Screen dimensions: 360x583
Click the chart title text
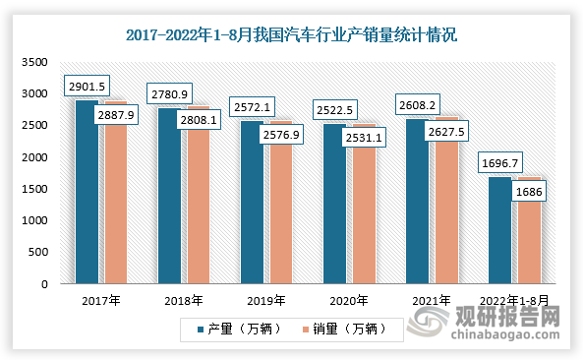pos(292,35)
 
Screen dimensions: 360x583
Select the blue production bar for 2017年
pos(87,197)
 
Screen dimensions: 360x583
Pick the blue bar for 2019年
pos(252,207)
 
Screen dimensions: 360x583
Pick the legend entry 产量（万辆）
pos(238,329)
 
